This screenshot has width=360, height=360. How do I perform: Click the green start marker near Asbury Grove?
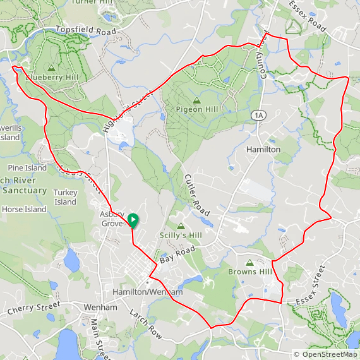pos(133,220)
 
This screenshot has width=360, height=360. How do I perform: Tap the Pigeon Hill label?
pos(196,110)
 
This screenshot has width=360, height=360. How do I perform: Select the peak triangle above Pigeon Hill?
pos(196,100)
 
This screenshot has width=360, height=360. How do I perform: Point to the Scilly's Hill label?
pos(181,235)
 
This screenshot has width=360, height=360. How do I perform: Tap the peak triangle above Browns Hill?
pos(249,261)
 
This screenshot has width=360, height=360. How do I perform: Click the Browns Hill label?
pos(249,272)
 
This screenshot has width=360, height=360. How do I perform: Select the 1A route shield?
pos(258,115)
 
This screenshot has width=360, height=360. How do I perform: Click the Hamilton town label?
pos(263,150)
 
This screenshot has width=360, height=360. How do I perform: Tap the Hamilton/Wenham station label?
pos(147,292)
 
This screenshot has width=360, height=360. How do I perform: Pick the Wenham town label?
pos(100,308)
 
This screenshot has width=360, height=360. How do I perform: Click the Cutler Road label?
pos(197,195)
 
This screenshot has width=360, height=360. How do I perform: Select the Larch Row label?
pos(147,325)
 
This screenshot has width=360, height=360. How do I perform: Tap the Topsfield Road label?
pos(87,30)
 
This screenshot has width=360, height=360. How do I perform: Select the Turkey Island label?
pos(65,197)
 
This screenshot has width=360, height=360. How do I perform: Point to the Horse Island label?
pos(24,209)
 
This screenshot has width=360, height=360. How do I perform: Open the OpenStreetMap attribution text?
pos(325,354)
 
